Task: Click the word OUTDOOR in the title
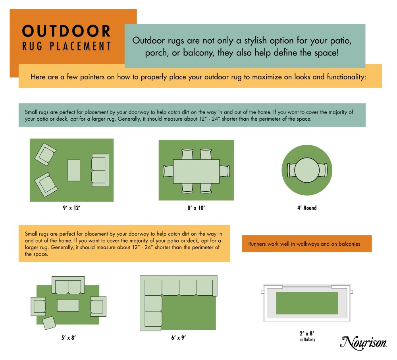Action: coord(66,31)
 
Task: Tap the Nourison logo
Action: coord(364,343)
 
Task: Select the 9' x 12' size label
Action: coord(71,208)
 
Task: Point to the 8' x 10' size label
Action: coord(196,208)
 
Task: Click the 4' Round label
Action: coord(307,208)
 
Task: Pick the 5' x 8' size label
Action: coord(68,337)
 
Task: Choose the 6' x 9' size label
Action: coord(179,337)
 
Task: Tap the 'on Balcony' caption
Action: coord(307,340)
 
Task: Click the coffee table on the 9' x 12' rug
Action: coord(74,170)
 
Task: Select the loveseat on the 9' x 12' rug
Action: coord(100,170)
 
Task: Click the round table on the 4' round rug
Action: coord(307,170)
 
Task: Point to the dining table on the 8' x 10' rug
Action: coord(196,171)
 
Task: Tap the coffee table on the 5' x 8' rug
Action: coord(68,305)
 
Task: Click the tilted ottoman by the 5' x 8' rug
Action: coord(49,323)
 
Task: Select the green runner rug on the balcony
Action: coord(307,303)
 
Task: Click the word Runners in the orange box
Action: coord(257,244)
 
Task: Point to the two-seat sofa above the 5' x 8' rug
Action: coord(68,285)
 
